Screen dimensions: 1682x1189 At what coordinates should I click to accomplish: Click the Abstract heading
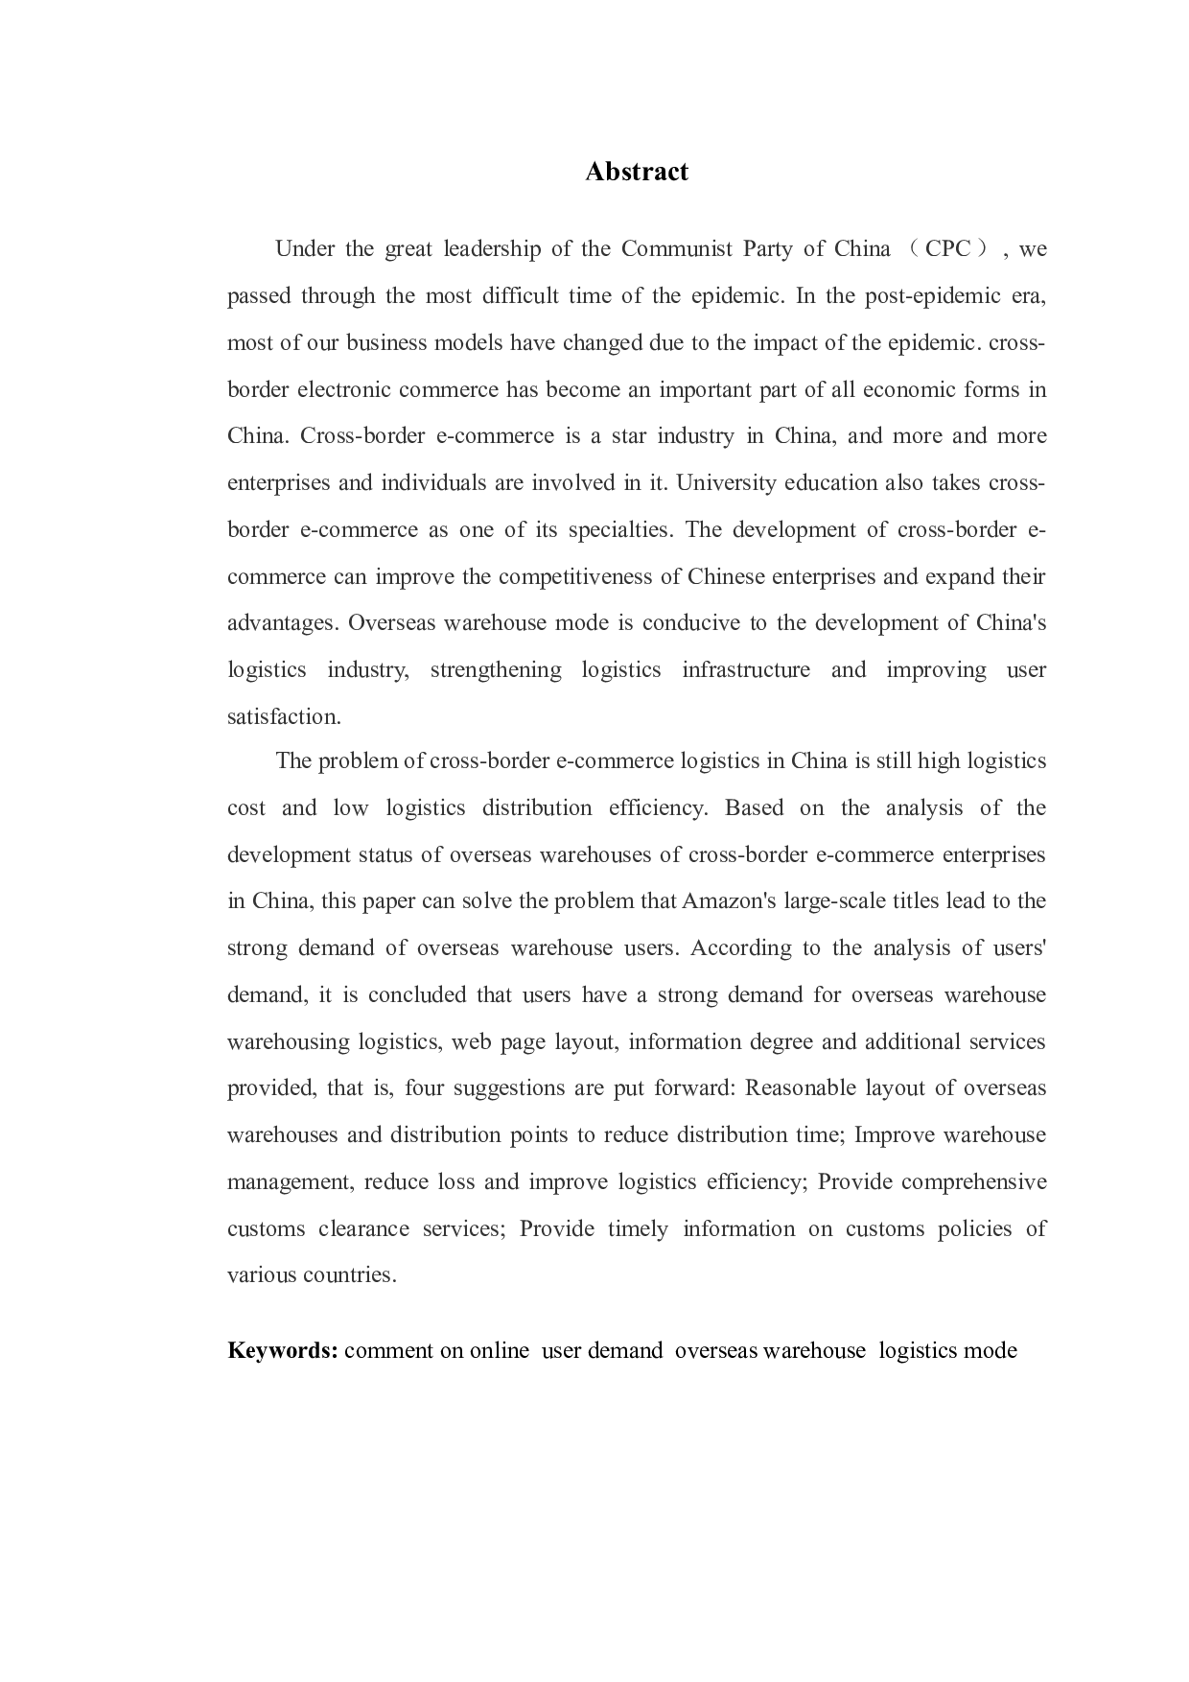[x=637, y=172]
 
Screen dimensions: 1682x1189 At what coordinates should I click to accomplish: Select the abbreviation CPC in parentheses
[x=947, y=249]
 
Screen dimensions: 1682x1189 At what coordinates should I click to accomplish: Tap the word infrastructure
[x=746, y=669]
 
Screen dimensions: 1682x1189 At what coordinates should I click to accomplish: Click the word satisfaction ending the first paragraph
[x=283, y=716]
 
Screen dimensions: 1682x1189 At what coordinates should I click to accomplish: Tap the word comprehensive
[x=974, y=1181]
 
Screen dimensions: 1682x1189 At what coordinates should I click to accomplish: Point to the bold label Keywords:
[x=282, y=1350]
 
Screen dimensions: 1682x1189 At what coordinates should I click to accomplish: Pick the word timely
[x=638, y=1228]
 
